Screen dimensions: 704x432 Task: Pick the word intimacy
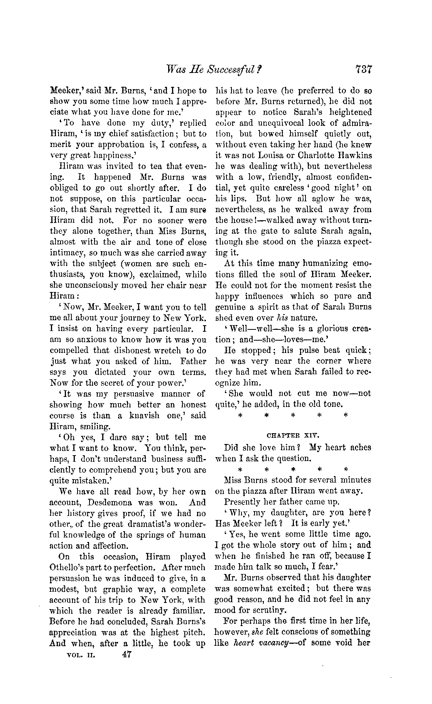[66, 253]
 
